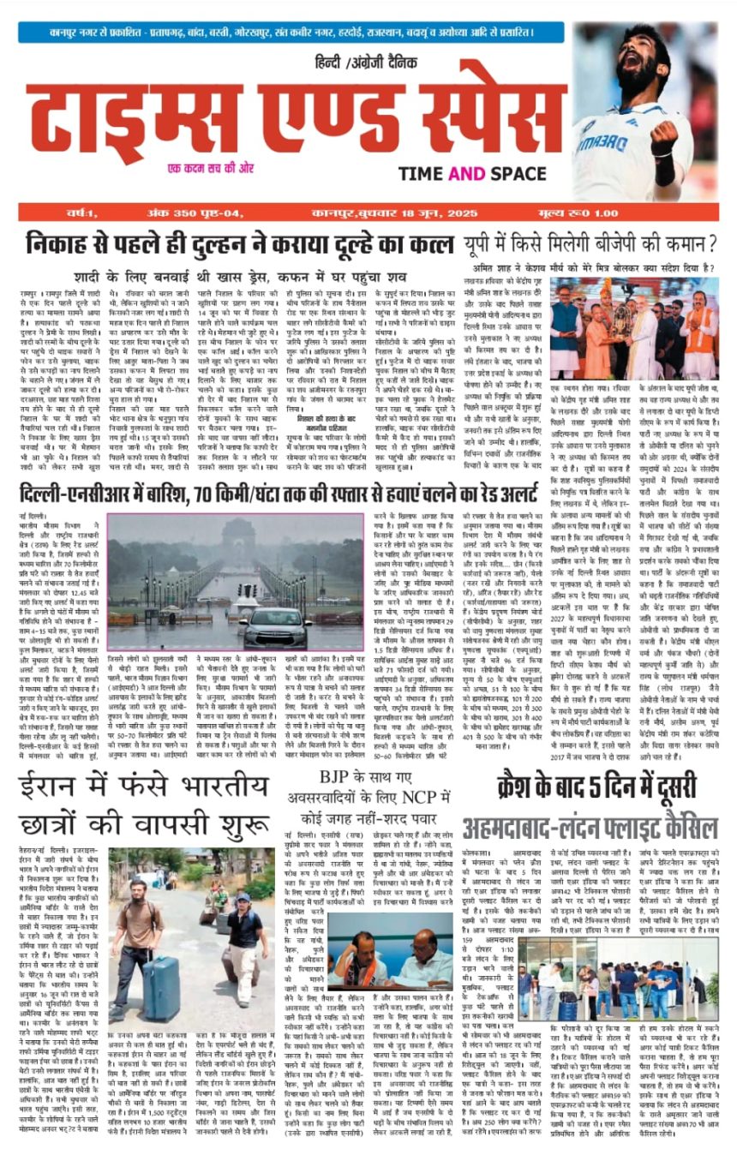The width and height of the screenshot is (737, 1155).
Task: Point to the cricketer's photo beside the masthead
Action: (x=646, y=111)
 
